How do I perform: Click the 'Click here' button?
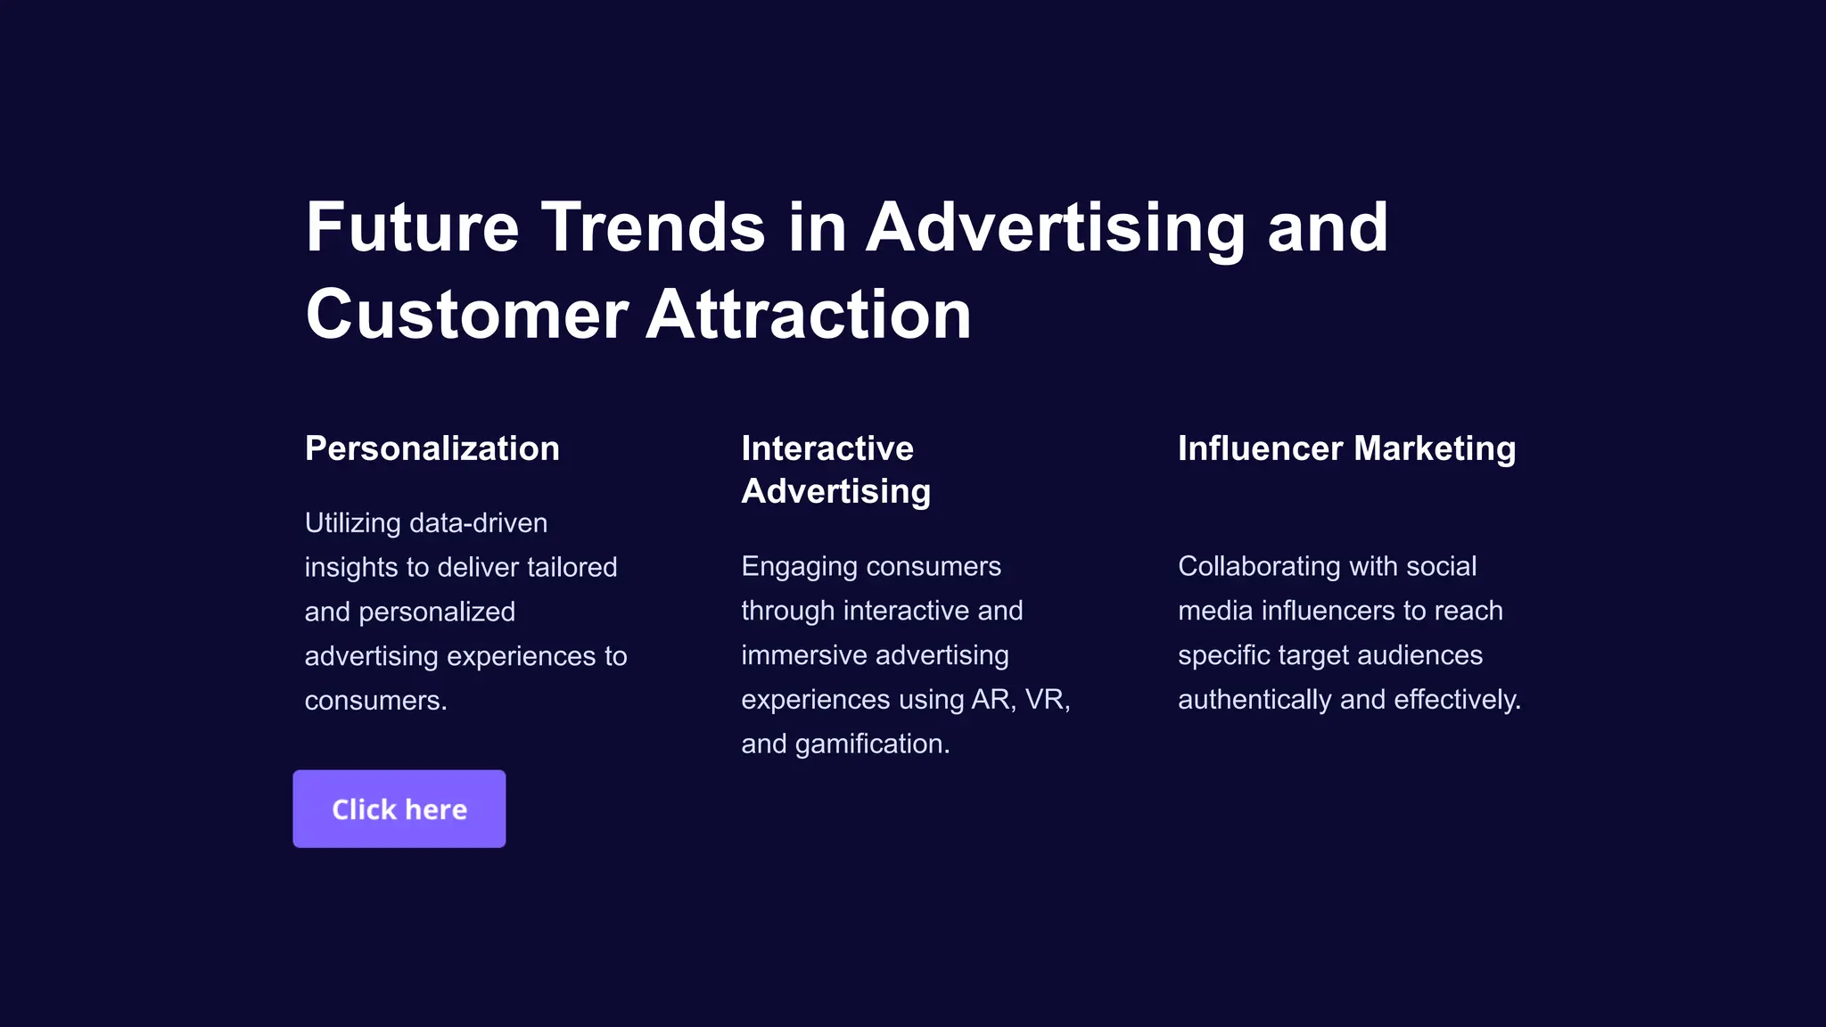pos(399,809)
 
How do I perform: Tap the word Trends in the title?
pos(653,227)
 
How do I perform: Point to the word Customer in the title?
pos(467,315)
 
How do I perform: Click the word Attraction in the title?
pos(808,315)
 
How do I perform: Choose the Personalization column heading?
pos(432,448)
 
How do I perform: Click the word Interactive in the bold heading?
pos(827,448)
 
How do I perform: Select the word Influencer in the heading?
pos(1260,448)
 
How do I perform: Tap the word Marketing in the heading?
pos(1435,448)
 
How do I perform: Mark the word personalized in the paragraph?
pos(437,612)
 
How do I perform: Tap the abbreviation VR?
pos(1047,700)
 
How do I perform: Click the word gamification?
pos(872,744)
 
